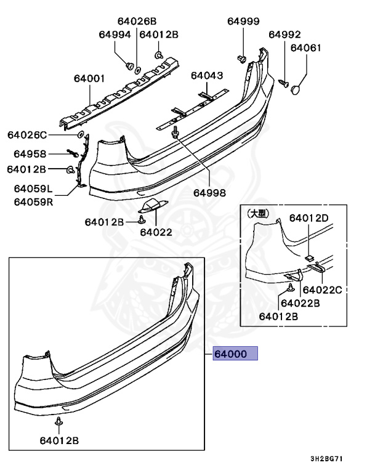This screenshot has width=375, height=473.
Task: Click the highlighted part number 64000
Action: [235, 354]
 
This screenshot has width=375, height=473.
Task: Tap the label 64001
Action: [89, 79]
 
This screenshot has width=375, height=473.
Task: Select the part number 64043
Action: [206, 76]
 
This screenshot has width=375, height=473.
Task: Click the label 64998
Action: [209, 192]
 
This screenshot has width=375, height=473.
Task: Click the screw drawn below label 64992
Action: [284, 81]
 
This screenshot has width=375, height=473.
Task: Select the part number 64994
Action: [115, 35]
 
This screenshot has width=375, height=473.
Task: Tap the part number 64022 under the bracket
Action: [155, 232]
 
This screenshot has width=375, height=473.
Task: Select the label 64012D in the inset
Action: [308, 217]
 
